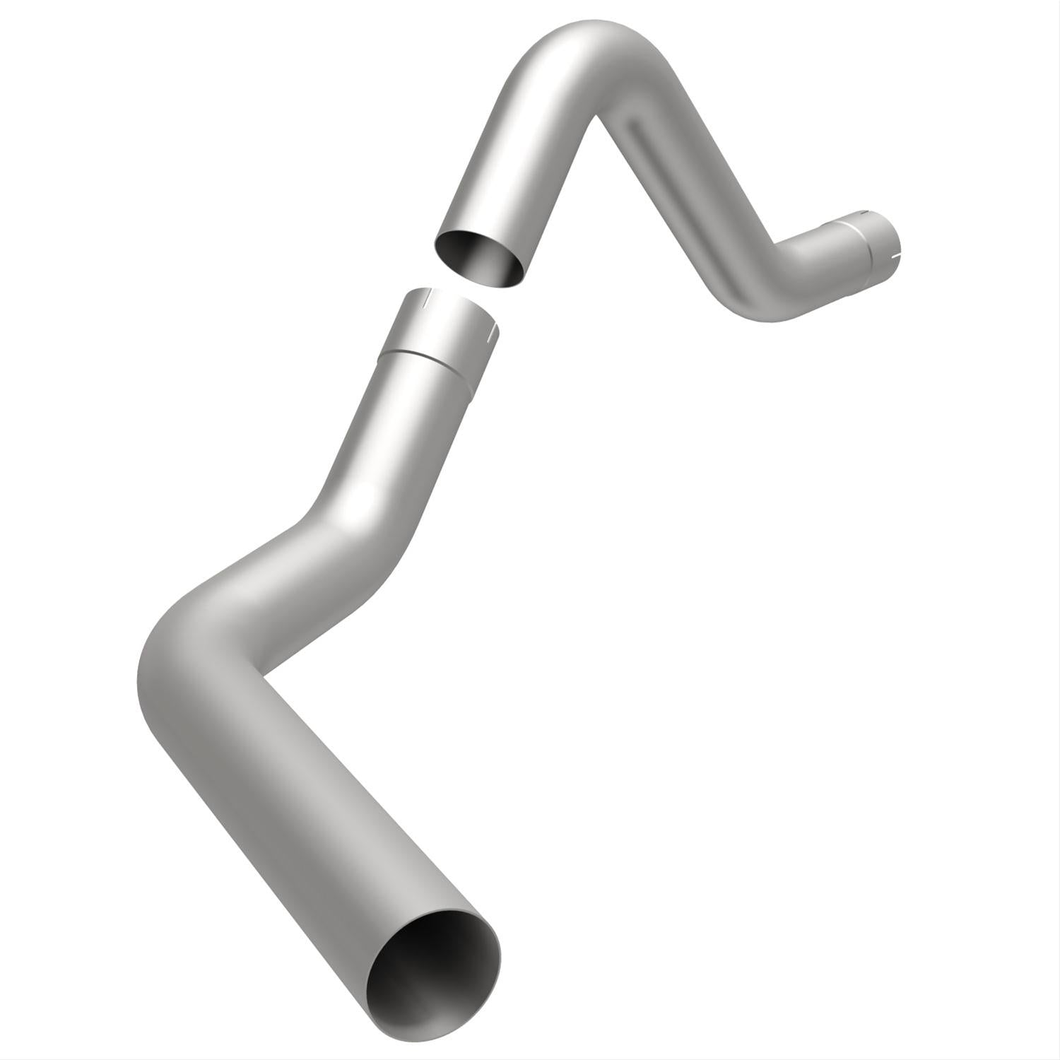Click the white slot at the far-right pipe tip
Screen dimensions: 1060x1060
pyautogui.click(x=896, y=249)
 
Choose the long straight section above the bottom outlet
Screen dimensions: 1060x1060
pyautogui.click(x=311, y=827)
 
